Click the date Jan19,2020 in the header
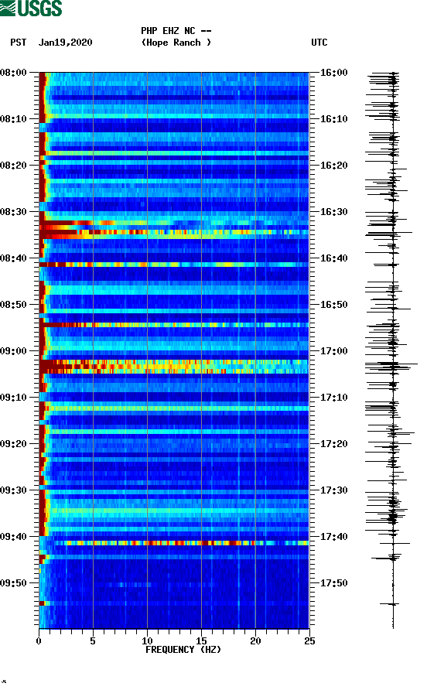coord(65,43)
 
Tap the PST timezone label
coord(19,43)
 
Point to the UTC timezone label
coord(319,43)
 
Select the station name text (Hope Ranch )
coord(176,43)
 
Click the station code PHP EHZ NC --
coord(176,31)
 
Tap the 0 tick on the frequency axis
coord(39,640)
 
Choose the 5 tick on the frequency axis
coord(93,640)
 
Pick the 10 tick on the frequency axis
coord(147,640)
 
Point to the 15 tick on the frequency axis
coord(201,640)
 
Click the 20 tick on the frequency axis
coord(255,640)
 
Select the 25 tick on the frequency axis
coord(309,640)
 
